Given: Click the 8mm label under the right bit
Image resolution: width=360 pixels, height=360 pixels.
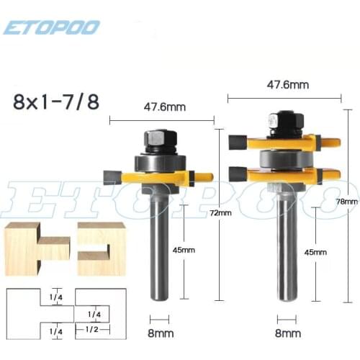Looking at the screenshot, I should point(288,333).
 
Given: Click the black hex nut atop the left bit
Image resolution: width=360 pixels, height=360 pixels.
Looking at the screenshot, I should point(158,138).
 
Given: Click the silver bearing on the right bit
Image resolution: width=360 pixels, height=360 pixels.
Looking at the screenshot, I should point(286,157).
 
